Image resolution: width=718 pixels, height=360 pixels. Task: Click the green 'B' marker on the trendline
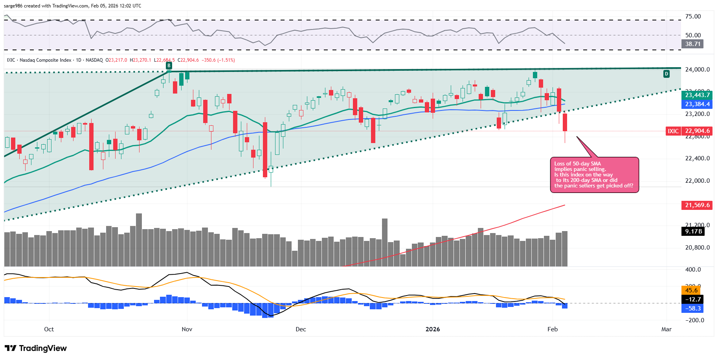169,66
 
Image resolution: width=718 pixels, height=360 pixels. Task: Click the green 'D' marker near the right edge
666,74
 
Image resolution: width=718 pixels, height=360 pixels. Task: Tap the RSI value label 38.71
692,44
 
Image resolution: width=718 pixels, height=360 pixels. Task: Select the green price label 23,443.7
698,95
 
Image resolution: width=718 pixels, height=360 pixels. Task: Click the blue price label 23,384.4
698,104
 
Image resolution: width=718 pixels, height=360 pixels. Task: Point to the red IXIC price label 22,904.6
697,131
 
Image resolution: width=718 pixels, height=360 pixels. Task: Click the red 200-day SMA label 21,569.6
697,205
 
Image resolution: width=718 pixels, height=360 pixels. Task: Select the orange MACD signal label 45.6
691,290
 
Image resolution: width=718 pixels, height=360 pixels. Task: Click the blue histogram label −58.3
692,309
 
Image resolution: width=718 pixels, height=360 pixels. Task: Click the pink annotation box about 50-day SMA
594,175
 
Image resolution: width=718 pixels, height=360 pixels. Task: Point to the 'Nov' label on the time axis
187,329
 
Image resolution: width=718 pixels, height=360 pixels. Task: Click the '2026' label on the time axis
433,329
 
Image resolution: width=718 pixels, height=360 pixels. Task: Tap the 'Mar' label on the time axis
666,329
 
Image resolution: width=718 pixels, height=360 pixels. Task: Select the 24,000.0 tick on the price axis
697,70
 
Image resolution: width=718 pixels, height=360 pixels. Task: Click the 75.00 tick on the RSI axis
693,17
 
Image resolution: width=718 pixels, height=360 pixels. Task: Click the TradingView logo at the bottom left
36,348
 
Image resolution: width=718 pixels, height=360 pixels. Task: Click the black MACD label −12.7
692,299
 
